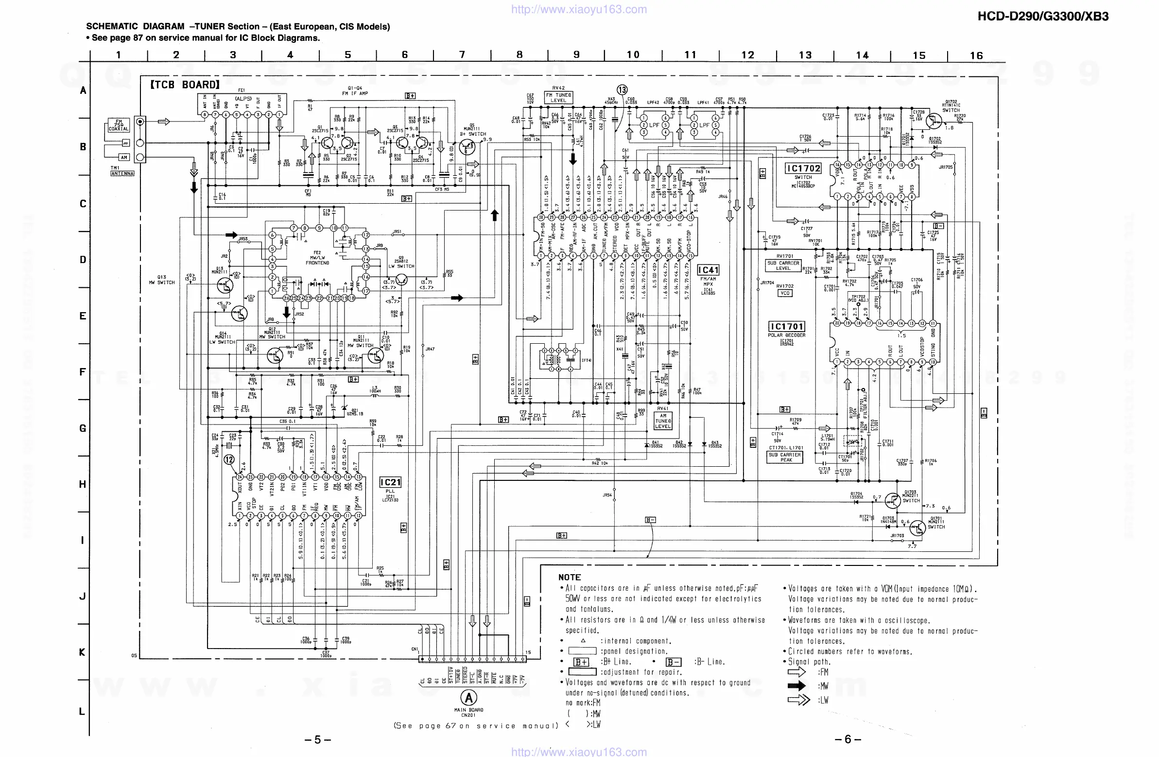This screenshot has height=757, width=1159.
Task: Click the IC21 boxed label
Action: click(391, 482)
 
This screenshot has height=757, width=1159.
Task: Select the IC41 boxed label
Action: click(708, 270)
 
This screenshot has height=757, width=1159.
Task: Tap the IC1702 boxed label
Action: click(803, 169)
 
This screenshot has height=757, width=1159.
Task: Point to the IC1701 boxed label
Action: click(786, 326)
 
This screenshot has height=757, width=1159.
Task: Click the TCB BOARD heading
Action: click(185, 85)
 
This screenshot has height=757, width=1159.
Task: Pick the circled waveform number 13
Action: click(622, 89)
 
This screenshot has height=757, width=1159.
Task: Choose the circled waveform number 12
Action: click(229, 459)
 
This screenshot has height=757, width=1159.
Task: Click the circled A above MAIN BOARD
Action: click(468, 698)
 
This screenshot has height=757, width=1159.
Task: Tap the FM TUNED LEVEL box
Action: click(558, 97)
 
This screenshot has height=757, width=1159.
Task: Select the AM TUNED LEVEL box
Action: click(663, 421)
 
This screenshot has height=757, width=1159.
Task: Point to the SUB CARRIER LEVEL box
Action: click(782, 265)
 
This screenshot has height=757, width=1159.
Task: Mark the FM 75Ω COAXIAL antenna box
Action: click(119, 125)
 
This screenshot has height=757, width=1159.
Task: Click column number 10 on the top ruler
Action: click(633, 54)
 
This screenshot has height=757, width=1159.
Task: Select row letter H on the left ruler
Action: click(83, 484)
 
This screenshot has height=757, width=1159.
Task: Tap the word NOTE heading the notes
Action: click(569, 577)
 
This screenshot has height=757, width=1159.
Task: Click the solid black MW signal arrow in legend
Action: click(796, 686)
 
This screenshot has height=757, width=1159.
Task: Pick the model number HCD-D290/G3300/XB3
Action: click(1042, 17)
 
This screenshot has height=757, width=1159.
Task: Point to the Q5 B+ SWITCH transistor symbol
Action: click(468, 145)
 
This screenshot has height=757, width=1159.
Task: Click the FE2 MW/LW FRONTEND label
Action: click(317, 258)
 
